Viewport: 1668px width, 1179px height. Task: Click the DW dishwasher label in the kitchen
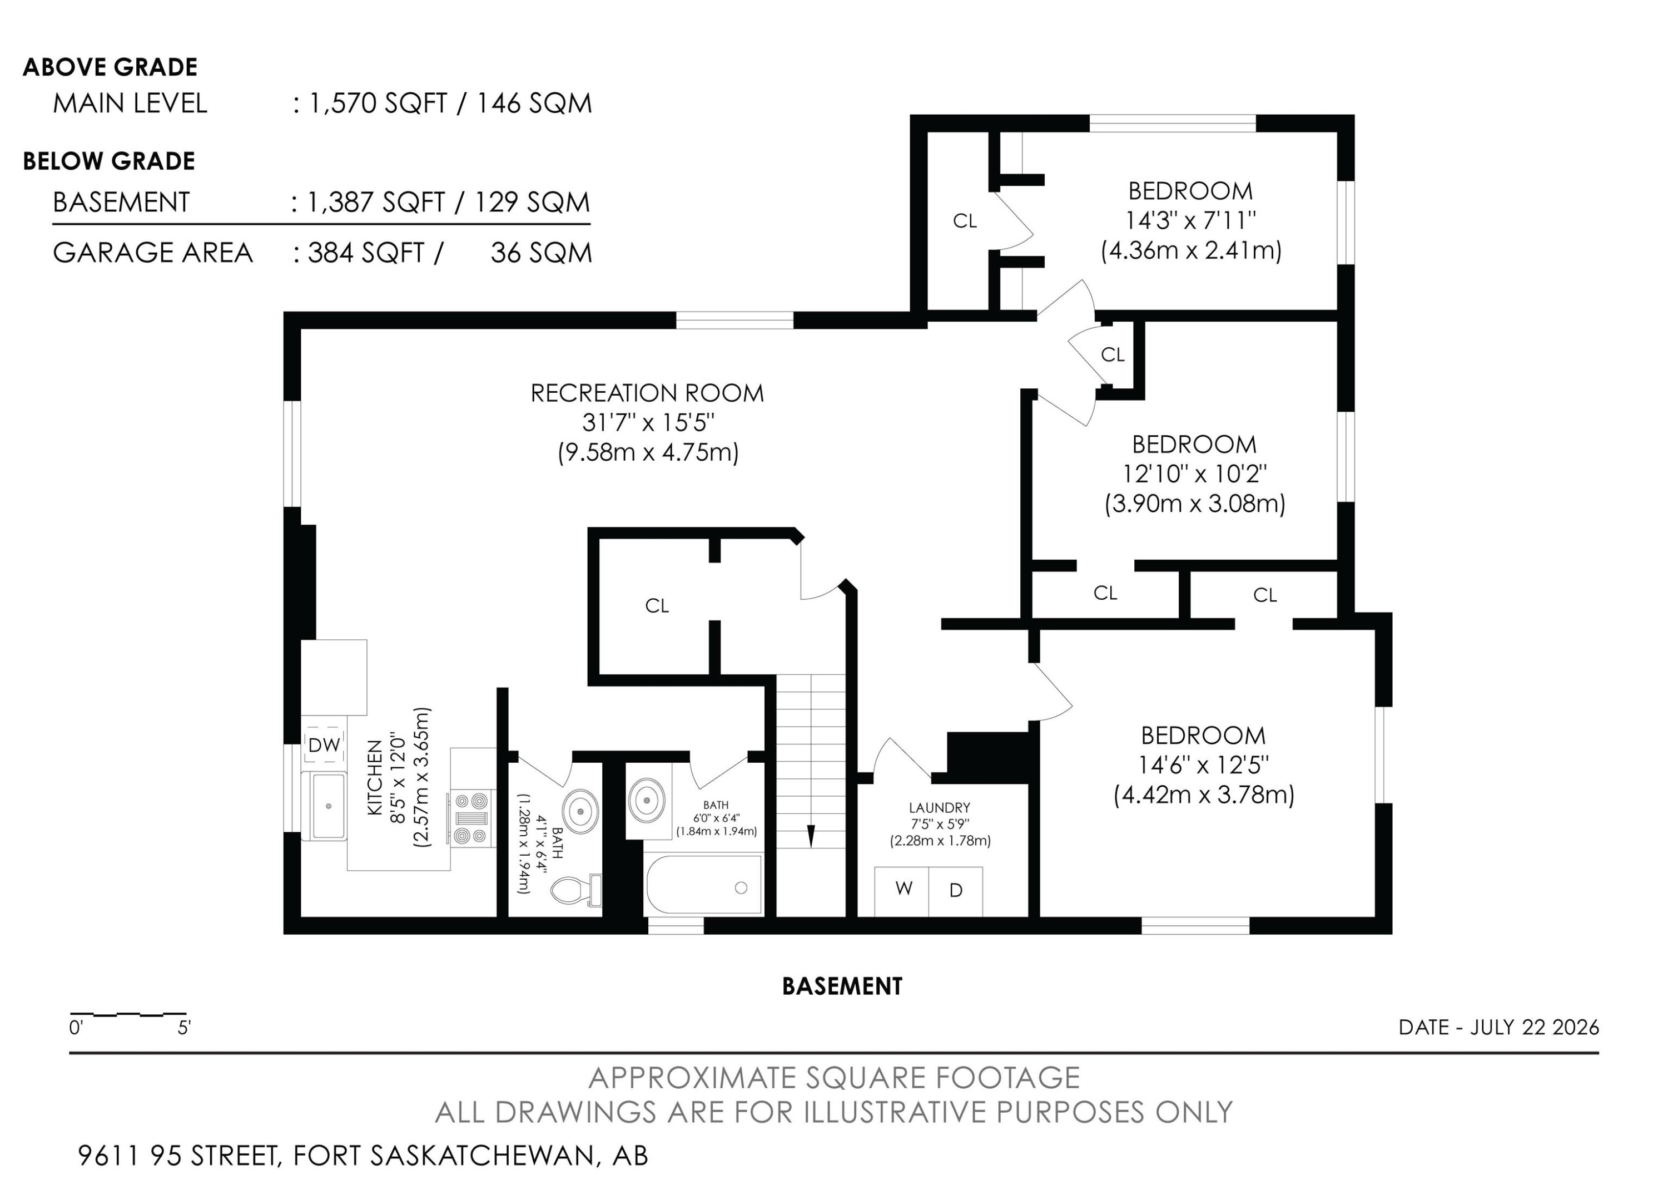coord(324,744)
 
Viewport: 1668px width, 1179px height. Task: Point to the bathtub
coord(703,885)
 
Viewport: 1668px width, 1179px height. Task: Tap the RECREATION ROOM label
coord(647,393)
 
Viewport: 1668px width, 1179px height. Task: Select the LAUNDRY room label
coord(939,807)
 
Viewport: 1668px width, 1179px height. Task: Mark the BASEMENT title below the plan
coord(842,986)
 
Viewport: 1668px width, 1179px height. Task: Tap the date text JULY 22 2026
coord(1535,1027)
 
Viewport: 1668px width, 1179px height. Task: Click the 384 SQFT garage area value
coord(367,253)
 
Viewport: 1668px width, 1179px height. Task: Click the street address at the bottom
coord(363,1156)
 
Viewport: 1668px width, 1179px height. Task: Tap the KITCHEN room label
coord(375,776)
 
